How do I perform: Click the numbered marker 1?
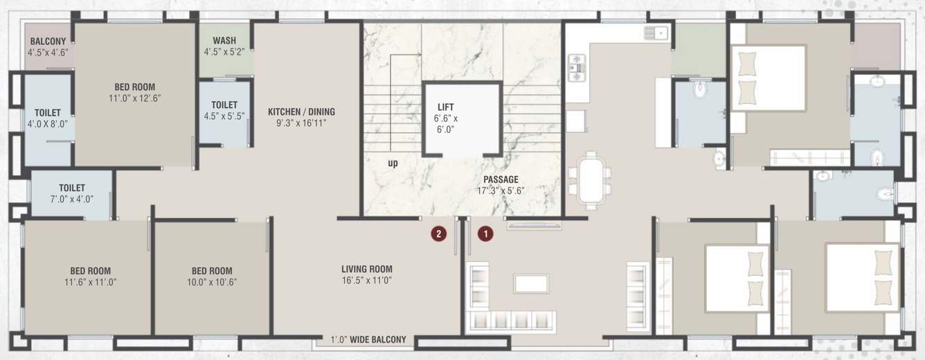486,234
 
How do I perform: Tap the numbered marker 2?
438,234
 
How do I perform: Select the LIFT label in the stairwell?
447,107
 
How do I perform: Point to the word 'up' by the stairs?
393,163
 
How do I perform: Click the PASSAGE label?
501,179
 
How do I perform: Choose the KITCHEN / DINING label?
301,111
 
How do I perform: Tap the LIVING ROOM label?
366,269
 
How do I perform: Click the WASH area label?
225,40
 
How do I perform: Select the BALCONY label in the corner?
48,42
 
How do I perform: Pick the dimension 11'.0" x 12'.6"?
134,98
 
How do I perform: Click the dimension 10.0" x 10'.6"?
211,282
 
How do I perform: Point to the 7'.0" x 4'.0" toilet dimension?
72,199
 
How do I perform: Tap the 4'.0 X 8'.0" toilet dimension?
48,124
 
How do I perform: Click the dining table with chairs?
590,181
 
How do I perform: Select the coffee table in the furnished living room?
531,283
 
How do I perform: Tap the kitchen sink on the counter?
655,32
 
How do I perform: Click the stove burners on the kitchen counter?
577,68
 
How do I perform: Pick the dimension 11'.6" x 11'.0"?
90,282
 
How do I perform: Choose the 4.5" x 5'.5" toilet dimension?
224,116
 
